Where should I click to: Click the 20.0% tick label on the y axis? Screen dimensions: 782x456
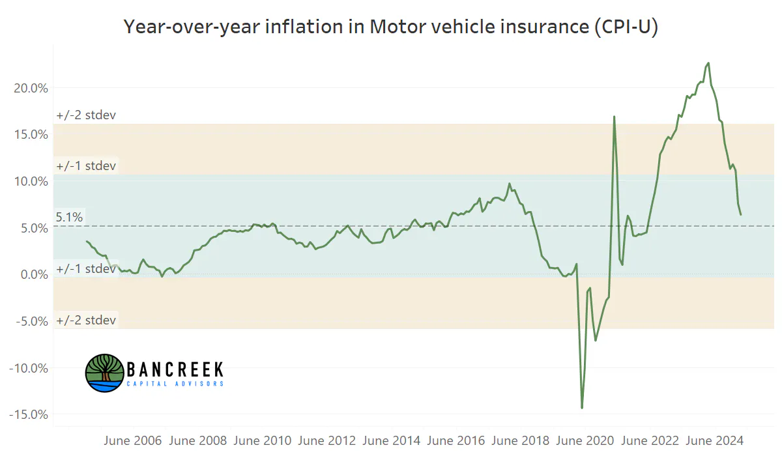click(31, 89)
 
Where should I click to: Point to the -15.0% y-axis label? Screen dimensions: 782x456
click(29, 414)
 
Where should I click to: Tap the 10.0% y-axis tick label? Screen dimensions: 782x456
click(31, 182)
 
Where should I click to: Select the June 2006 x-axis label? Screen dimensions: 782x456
click(133, 440)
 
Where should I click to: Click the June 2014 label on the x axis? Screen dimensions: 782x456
click(392, 440)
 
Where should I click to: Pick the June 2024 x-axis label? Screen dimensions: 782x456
click(715, 440)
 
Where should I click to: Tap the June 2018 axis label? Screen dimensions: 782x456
click(521, 440)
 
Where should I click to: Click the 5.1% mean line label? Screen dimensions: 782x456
click(69, 217)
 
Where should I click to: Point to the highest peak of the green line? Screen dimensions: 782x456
click(708, 63)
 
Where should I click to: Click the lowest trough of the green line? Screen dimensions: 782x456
click(582, 408)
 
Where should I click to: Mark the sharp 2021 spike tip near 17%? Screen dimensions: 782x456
click(614, 117)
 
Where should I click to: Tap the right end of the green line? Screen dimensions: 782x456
click(741, 214)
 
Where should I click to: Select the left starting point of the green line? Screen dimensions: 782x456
click(87, 242)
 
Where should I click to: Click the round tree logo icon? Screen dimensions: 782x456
click(105, 373)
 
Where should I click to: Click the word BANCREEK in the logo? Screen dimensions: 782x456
click(175, 369)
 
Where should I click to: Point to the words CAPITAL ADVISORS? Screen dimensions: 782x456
click(175, 384)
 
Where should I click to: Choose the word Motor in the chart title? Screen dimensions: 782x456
click(398, 27)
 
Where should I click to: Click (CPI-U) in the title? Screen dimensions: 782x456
click(626, 27)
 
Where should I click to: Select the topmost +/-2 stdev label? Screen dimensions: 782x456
click(86, 115)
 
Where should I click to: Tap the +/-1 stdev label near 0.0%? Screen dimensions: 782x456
click(86, 269)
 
